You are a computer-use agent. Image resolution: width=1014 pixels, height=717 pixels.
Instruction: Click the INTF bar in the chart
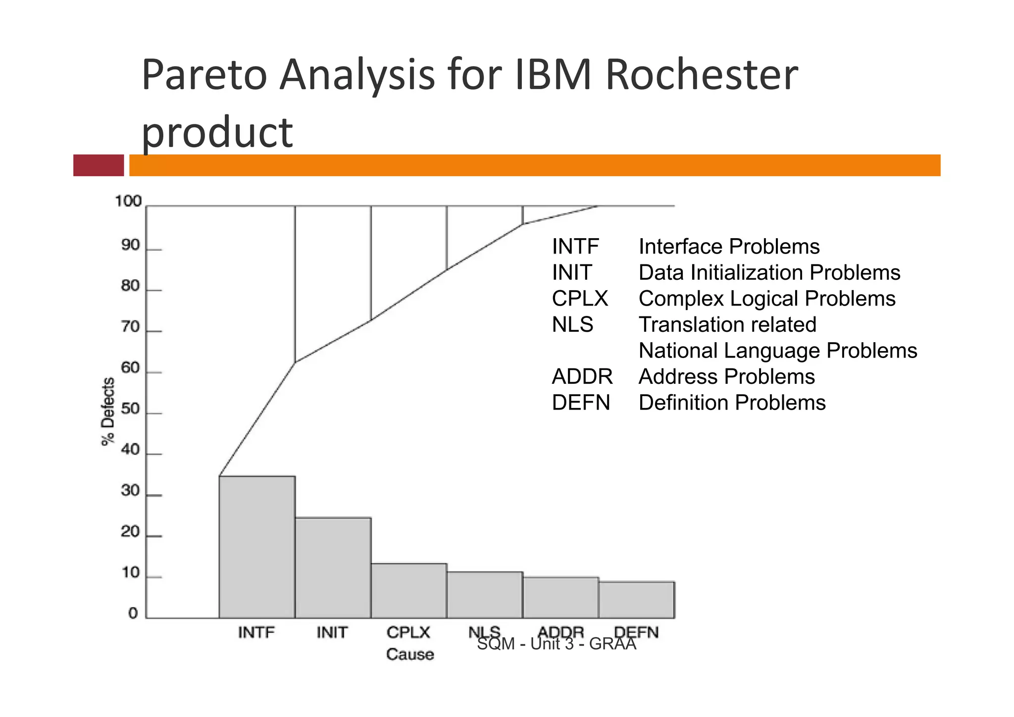pos(257,547)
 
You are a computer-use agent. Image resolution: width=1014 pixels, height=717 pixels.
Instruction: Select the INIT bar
pos(333,567)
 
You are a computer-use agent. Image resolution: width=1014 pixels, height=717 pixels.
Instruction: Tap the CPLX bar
pos(409,590)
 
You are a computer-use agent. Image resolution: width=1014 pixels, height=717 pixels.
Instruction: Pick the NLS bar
pos(485,595)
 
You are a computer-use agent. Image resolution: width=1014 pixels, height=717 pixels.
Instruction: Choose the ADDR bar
pos(560,597)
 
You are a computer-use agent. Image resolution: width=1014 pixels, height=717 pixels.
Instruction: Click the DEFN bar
pos(637,600)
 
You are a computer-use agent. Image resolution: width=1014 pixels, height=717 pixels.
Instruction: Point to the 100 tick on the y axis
pos(128,202)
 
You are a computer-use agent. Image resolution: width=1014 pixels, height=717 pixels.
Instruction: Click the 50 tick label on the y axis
pos(131,409)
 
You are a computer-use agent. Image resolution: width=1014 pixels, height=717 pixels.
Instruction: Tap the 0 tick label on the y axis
pos(133,614)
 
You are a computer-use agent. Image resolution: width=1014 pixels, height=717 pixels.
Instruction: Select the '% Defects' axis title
pos(108,411)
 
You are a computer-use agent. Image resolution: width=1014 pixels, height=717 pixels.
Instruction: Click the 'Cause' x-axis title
pos(410,654)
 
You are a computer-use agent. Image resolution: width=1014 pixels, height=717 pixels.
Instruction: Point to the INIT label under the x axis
pos(332,632)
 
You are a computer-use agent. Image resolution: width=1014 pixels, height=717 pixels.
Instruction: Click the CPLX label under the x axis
pos(408,632)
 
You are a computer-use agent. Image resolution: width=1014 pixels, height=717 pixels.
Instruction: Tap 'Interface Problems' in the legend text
pos(729,247)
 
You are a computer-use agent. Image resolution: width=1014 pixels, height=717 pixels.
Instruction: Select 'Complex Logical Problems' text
pos(767,299)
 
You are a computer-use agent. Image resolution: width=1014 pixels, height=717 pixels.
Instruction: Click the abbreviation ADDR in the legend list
pos(582,377)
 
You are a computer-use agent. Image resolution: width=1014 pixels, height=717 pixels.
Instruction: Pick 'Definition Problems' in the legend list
pos(732,403)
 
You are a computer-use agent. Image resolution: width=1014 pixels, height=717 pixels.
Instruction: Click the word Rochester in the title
pos(701,75)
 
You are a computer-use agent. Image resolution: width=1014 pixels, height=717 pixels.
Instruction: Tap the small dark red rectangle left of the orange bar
pos(99,165)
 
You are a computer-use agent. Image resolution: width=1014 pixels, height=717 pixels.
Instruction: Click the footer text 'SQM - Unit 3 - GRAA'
pos(557,644)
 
